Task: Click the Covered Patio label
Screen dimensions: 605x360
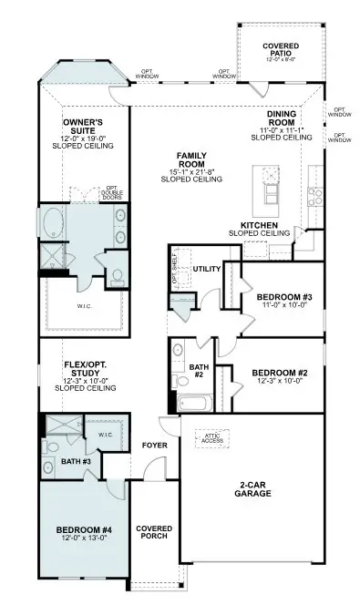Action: click(280, 49)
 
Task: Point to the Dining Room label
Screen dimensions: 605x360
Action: click(280, 126)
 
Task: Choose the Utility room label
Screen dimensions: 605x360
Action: click(207, 270)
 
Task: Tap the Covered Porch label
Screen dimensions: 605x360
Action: click(154, 534)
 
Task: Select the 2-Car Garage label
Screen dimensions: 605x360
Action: click(252, 488)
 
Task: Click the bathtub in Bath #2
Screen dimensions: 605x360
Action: click(194, 403)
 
